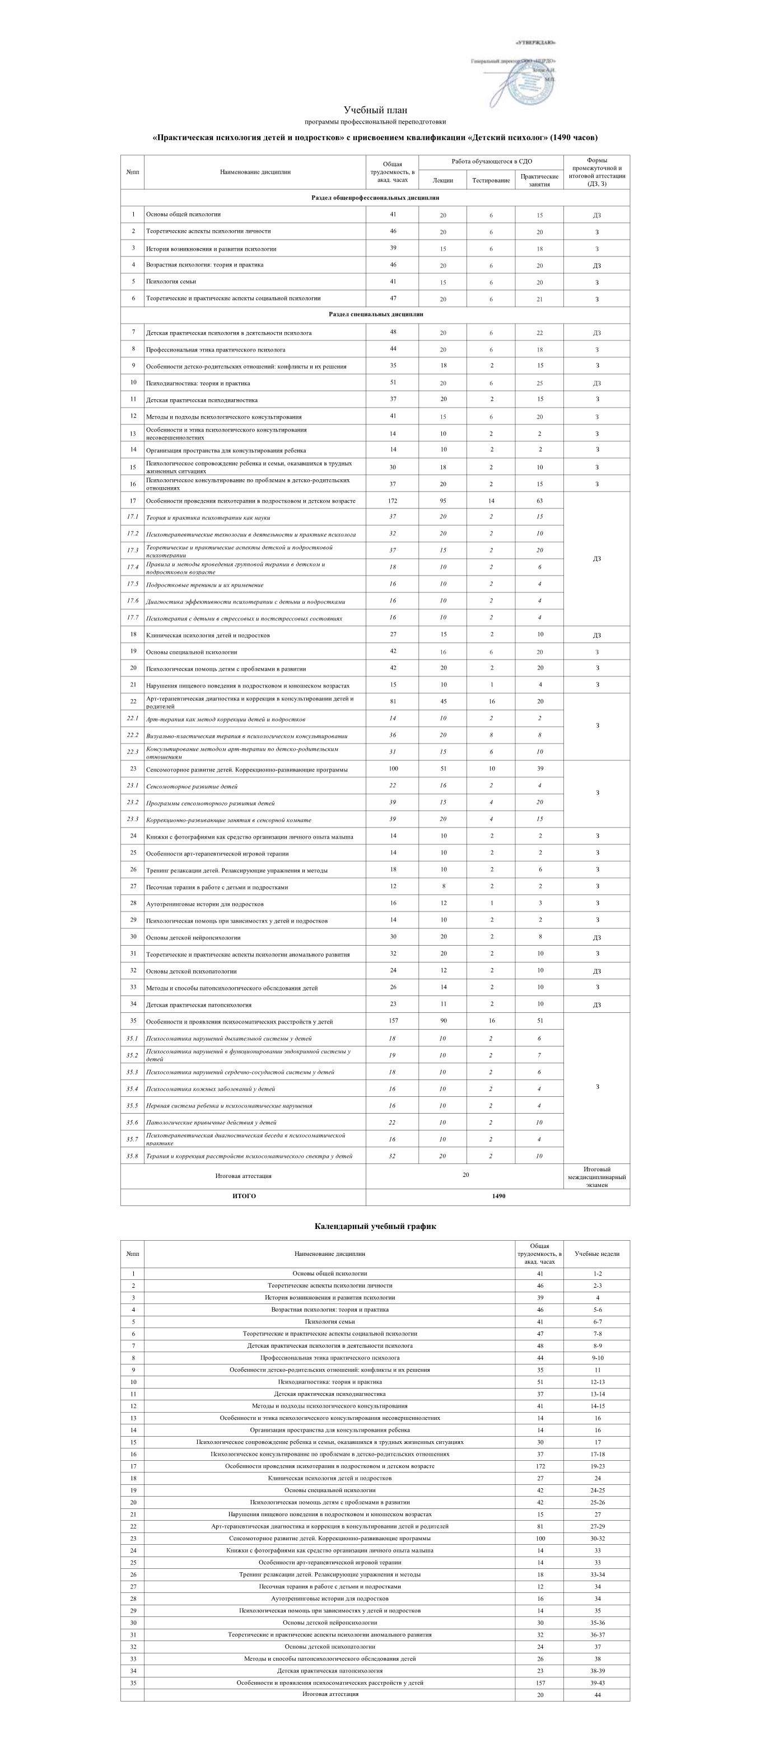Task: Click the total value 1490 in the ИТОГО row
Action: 498,1197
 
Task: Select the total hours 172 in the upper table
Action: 392,501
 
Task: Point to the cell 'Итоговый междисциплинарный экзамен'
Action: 596,1176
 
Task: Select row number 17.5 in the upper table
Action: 133,584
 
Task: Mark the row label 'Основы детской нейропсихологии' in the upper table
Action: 194,938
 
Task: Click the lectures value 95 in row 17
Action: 442,501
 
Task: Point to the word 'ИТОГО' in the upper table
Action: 244,1197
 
